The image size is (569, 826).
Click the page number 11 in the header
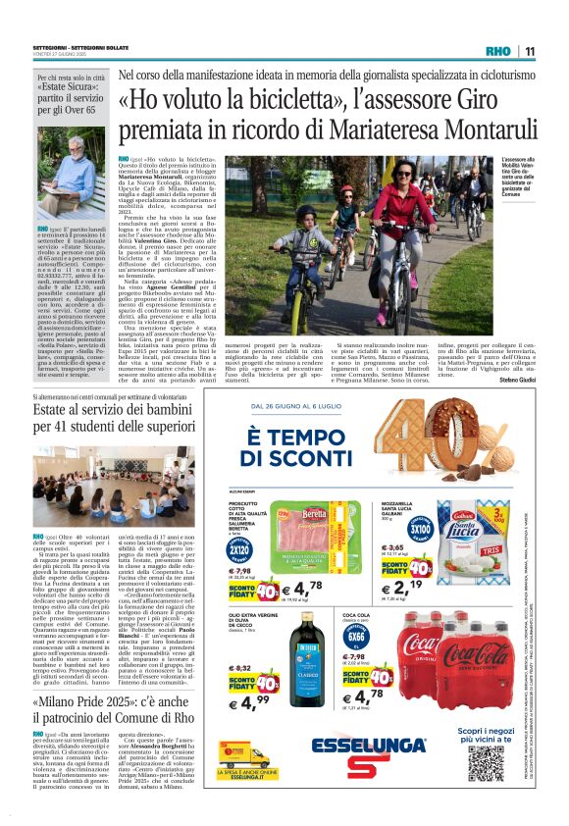pos(529,52)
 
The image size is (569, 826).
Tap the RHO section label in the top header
pos(497,52)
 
